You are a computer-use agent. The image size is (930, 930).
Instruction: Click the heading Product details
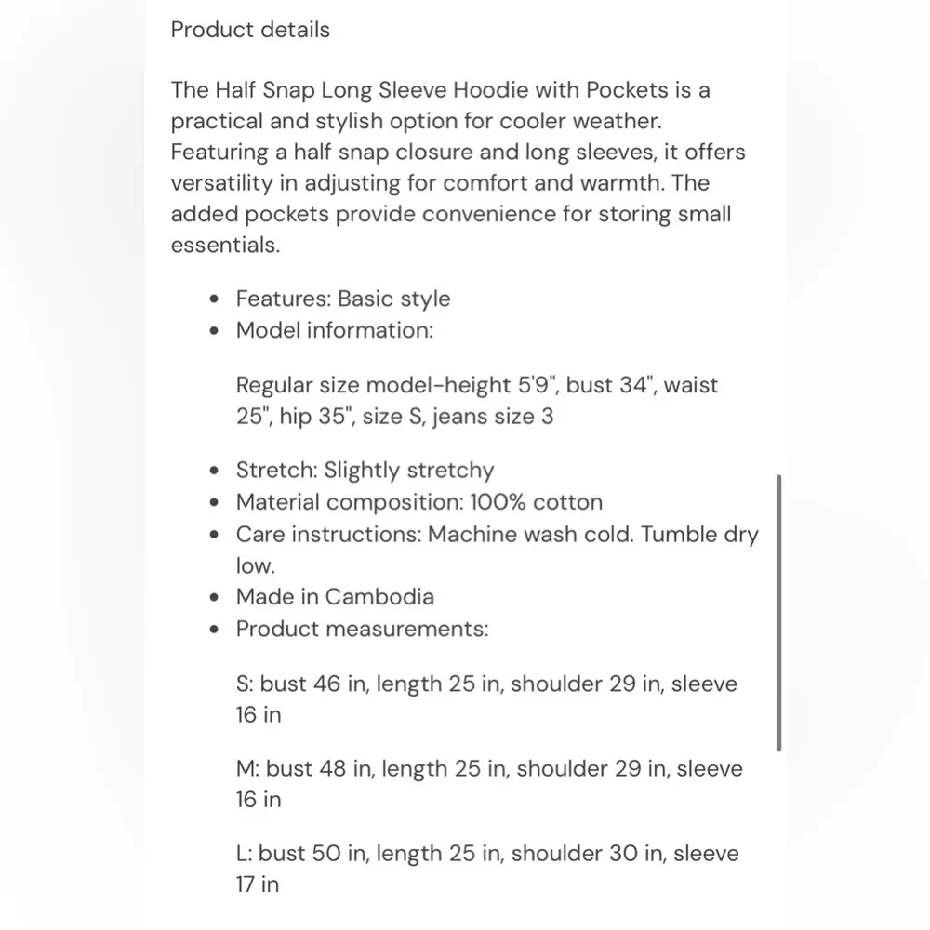coord(250,30)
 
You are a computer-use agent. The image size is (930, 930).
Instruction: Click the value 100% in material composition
coord(498,502)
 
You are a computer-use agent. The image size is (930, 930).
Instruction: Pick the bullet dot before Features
coord(216,299)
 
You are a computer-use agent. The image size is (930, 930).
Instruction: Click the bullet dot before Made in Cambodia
coord(216,597)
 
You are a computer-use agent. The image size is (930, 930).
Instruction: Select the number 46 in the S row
coord(327,684)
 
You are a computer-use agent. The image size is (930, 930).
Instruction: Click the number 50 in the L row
coord(326,854)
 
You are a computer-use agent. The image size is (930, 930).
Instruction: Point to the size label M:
coord(247,769)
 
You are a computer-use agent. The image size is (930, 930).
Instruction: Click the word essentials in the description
coord(223,246)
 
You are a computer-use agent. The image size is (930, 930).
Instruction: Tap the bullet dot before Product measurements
coord(216,629)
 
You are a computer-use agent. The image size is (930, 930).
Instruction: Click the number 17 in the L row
coord(246,884)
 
